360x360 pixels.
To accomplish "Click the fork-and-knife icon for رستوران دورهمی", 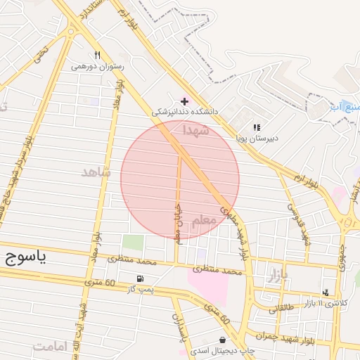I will (97, 55).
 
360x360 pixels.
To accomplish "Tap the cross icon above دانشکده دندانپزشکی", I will (185, 101).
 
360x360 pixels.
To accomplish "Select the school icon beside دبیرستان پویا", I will (257, 127).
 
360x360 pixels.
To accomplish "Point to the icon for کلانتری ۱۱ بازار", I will (325, 292).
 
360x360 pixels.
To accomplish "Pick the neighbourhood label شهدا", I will (196, 130).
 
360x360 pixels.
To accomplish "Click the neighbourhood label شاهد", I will (96, 172).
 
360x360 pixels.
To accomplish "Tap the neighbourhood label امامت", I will (49, 346).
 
